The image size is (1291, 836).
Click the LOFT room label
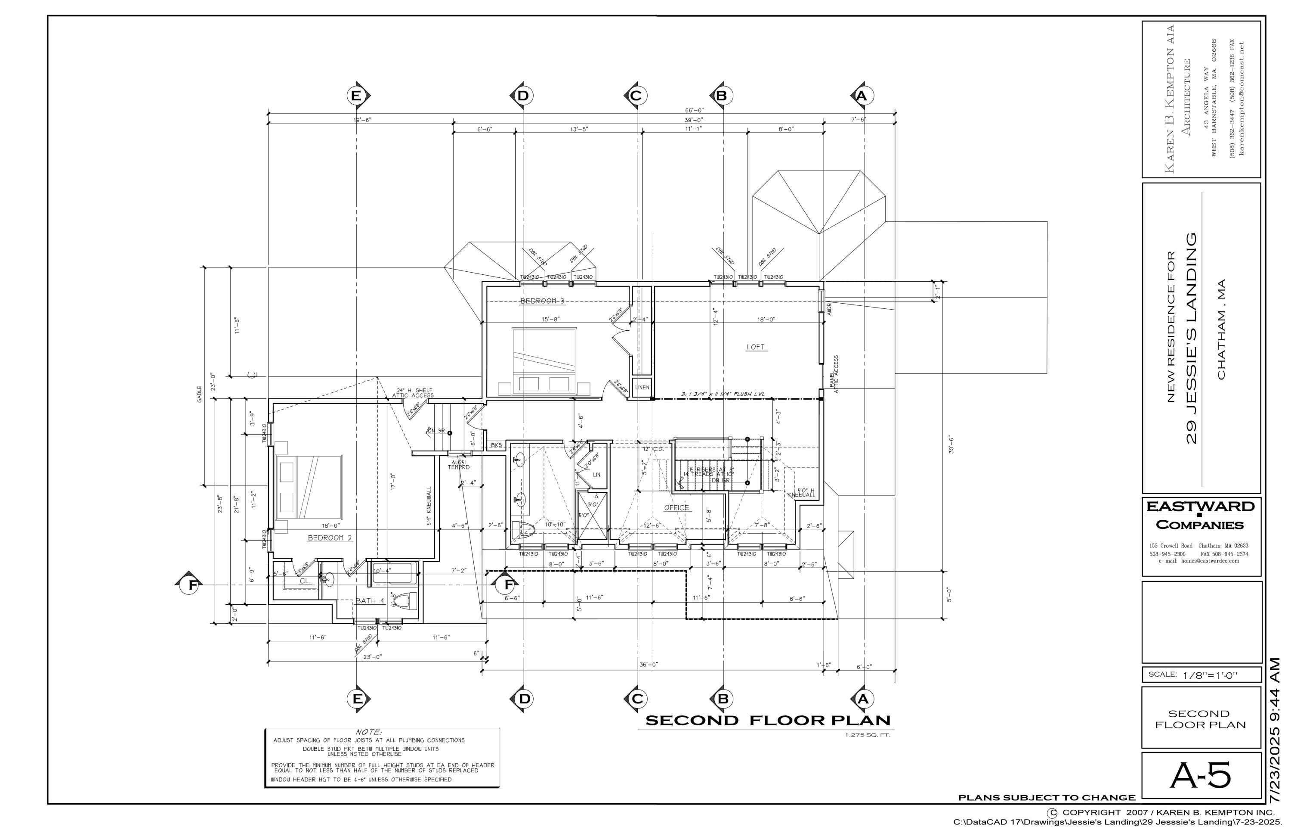click(x=756, y=347)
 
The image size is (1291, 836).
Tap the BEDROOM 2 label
click(x=330, y=538)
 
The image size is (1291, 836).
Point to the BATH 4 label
click(x=370, y=601)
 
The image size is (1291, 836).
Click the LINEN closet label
click(x=642, y=388)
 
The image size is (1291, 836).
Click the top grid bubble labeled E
click(x=356, y=96)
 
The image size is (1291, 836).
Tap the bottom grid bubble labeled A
click(x=863, y=699)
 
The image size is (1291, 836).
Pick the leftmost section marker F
click(x=192, y=585)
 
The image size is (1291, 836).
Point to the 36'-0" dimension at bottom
click(x=648, y=665)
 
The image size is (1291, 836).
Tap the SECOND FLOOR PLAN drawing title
click(x=768, y=721)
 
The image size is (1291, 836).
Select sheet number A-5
click(x=1200, y=776)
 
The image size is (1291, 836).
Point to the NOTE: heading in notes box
click(x=368, y=732)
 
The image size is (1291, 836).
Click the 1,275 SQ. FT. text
click(x=868, y=736)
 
